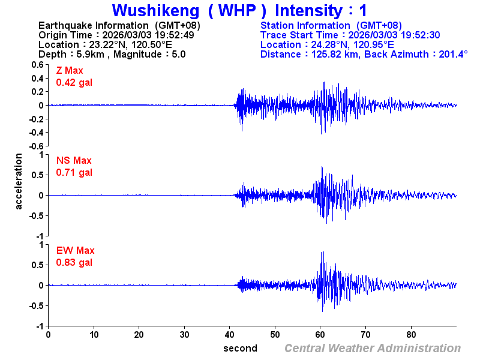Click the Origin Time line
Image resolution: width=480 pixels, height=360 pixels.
(116, 35)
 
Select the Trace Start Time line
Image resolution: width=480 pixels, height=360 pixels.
(350, 35)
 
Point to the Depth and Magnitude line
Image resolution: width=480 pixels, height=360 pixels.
(112, 54)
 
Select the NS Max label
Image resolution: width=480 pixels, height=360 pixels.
(74, 161)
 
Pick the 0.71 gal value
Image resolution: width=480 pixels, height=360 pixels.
(74, 172)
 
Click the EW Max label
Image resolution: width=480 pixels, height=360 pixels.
(75, 251)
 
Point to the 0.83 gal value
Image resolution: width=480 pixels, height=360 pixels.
(74, 262)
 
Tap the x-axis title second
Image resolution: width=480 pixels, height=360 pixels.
(240, 348)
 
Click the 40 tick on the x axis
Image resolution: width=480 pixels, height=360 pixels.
(230, 334)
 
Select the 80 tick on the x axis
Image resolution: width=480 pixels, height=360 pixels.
(412, 334)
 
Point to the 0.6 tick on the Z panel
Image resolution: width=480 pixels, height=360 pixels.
(37, 64)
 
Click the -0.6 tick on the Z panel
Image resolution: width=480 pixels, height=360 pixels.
(36, 146)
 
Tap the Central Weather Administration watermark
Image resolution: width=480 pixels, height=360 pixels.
(373, 348)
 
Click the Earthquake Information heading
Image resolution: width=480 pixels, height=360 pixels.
(119, 25)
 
